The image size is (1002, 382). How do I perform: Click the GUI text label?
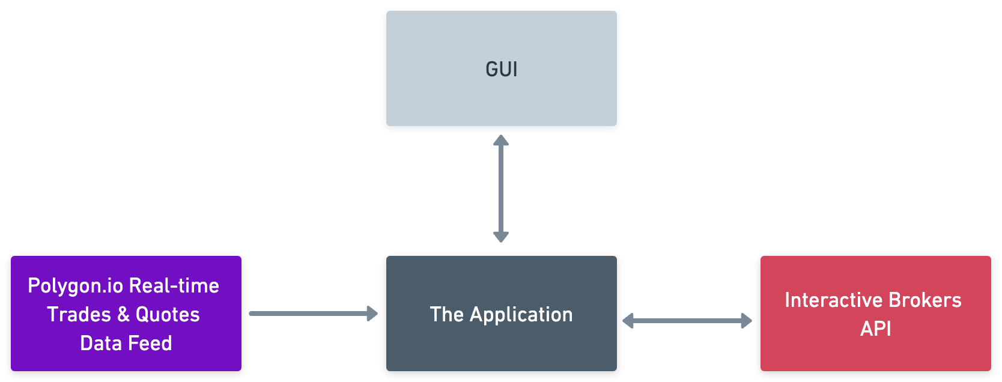[502, 69]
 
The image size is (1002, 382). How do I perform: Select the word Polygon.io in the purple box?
[76, 286]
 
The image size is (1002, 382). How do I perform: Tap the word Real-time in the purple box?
[174, 285]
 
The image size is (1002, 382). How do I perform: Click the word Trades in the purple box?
[79, 314]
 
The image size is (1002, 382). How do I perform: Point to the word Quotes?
[168, 314]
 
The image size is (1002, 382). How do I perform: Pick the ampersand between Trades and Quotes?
[124, 314]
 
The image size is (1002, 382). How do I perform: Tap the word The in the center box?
[447, 314]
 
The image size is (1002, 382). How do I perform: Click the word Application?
[521, 315]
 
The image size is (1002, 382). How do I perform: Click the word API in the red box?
[876, 329]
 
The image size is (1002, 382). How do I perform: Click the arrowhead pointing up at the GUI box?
[501, 141]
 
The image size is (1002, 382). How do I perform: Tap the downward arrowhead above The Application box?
[501, 236]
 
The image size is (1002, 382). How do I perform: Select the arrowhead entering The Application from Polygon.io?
[372, 313]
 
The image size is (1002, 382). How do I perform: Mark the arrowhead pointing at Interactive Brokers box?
[747, 321]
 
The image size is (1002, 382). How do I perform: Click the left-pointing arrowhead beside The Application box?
[628, 321]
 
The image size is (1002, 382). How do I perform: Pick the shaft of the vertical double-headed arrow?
[501, 188]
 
